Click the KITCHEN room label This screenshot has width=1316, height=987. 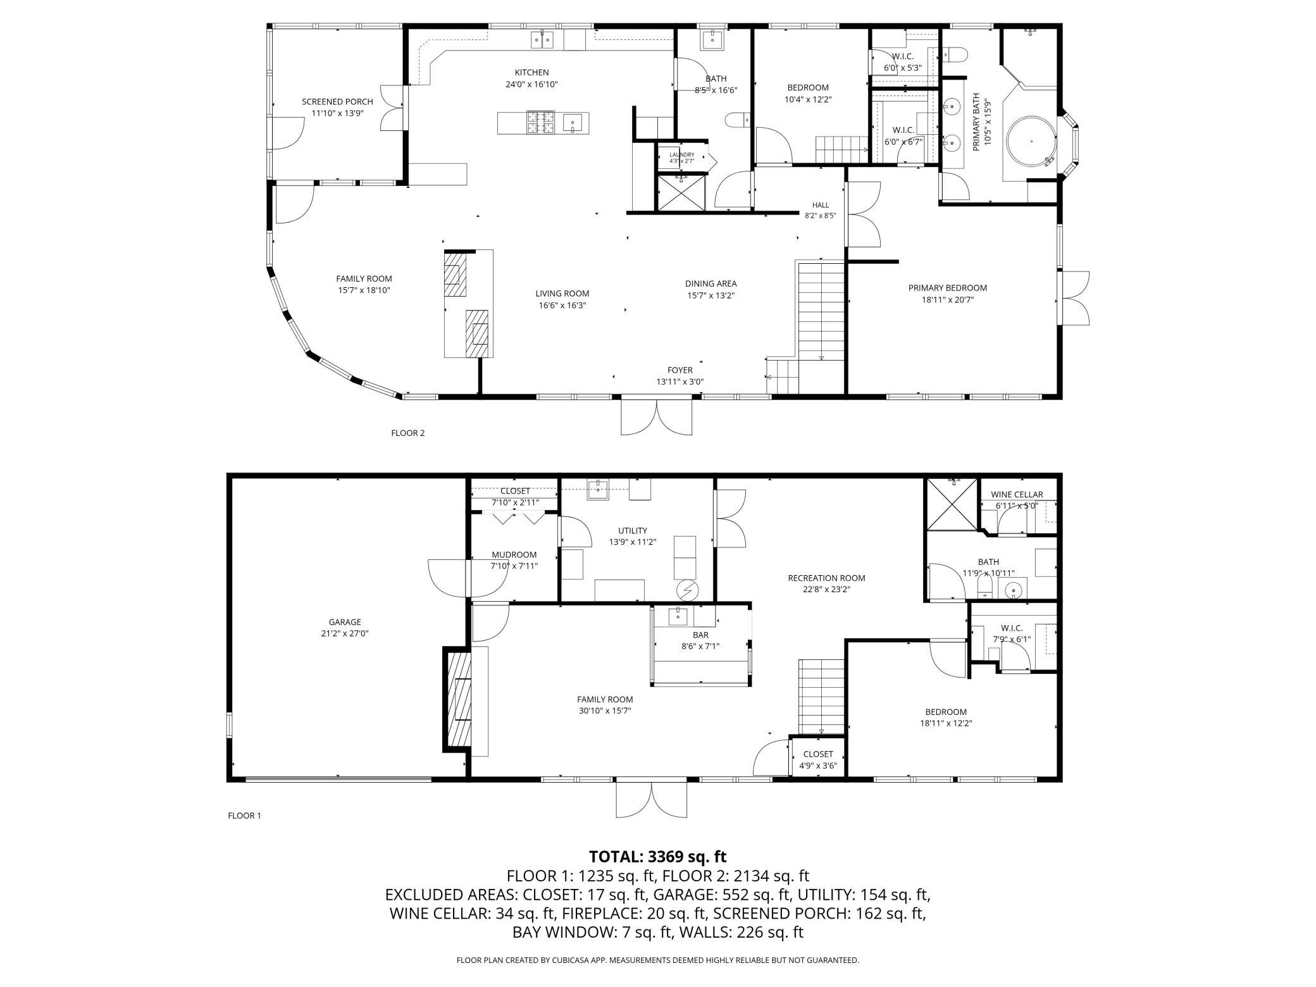[x=531, y=73]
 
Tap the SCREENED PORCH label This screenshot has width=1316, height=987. [x=337, y=102]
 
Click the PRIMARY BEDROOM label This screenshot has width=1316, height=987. [x=947, y=288]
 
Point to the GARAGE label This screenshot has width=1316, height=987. [x=344, y=622]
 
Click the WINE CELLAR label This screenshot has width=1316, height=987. [x=1017, y=495]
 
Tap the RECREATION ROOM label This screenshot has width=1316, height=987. [x=826, y=578]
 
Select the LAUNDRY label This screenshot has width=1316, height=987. [x=682, y=155]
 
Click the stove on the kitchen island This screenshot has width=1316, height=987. [x=541, y=123]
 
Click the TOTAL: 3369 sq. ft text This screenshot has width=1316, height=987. [x=658, y=857]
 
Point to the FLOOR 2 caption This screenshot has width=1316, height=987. [x=408, y=433]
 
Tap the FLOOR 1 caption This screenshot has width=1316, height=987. [x=244, y=816]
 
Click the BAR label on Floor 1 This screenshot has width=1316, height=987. [x=700, y=635]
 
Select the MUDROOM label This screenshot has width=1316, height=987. [x=514, y=555]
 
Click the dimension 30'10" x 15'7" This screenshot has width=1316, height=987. [x=605, y=711]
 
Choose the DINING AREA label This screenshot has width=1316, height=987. [x=711, y=283]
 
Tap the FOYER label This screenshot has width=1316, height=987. [x=680, y=370]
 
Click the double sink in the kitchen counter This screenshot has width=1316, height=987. [x=542, y=39]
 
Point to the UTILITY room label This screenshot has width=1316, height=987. [x=632, y=531]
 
